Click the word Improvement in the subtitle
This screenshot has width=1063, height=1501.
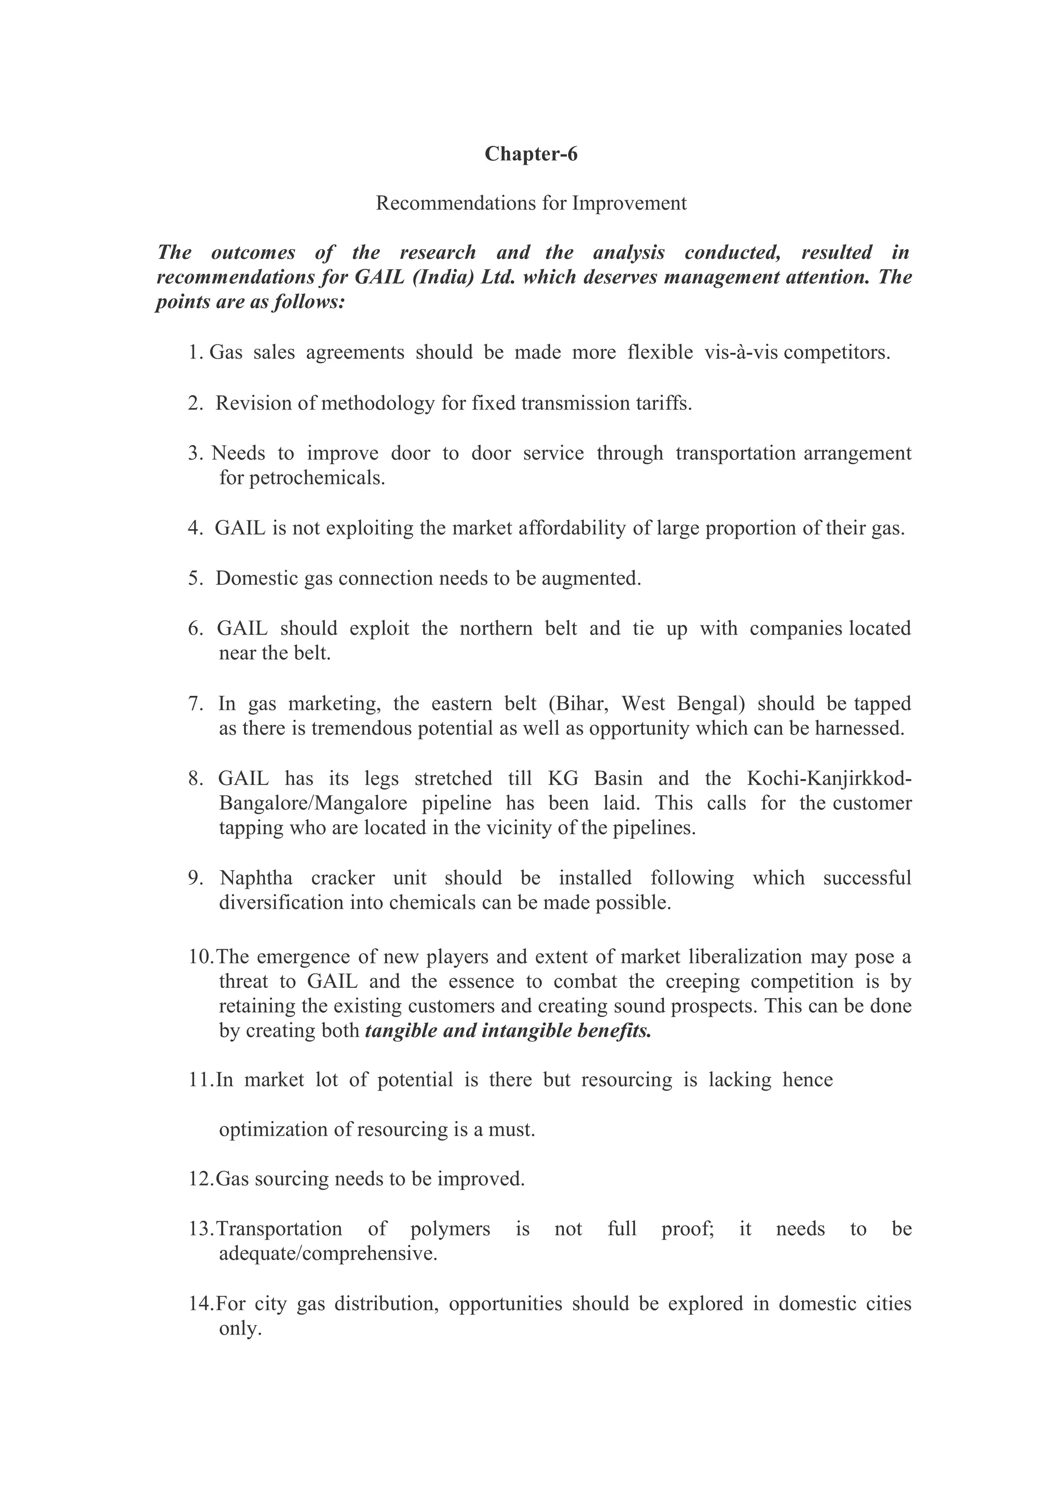click(629, 203)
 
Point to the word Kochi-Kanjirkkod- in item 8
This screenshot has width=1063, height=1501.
click(829, 779)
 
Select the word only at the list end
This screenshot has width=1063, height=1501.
click(240, 1329)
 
